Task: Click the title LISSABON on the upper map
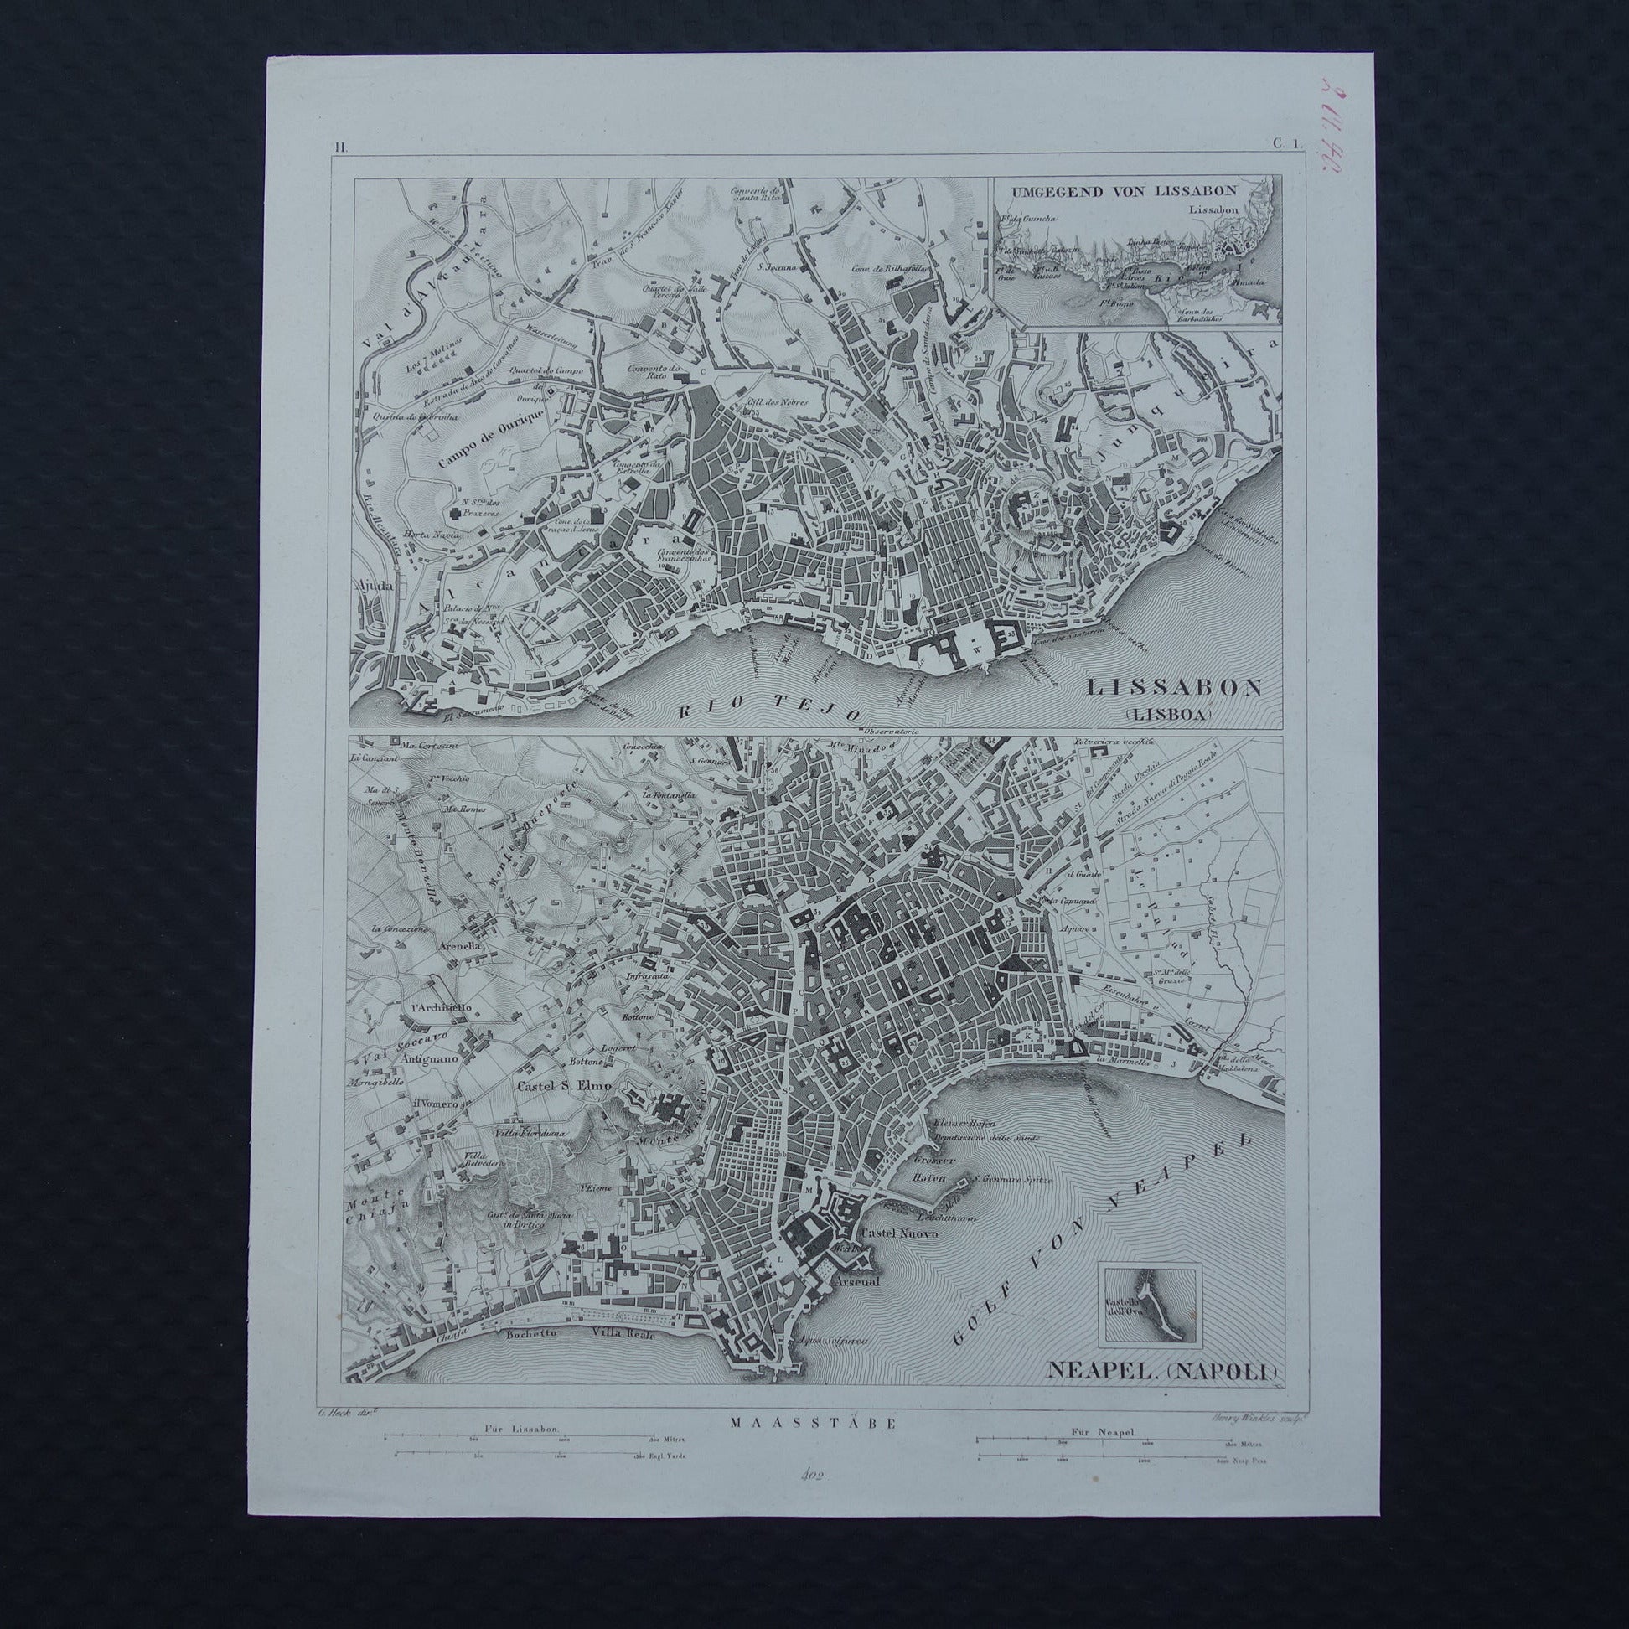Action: click(x=1175, y=686)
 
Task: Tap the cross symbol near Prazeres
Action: click(x=457, y=512)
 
